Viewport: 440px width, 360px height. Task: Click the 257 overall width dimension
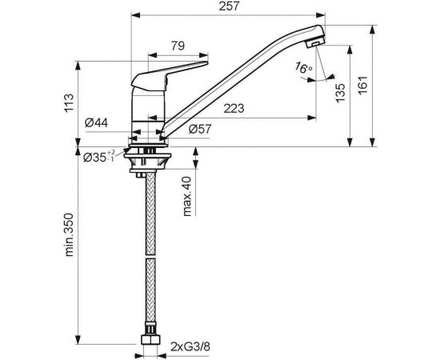click(x=229, y=7)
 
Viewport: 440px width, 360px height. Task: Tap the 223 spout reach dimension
click(x=234, y=109)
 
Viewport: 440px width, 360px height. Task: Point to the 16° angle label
click(x=303, y=69)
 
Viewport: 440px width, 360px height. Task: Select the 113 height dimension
click(x=70, y=103)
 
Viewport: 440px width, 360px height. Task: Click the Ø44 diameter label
click(x=97, y=122)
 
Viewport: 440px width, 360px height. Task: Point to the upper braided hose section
click(x=149, y=212)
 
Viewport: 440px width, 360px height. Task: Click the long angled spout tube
click(x=240, y=80)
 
